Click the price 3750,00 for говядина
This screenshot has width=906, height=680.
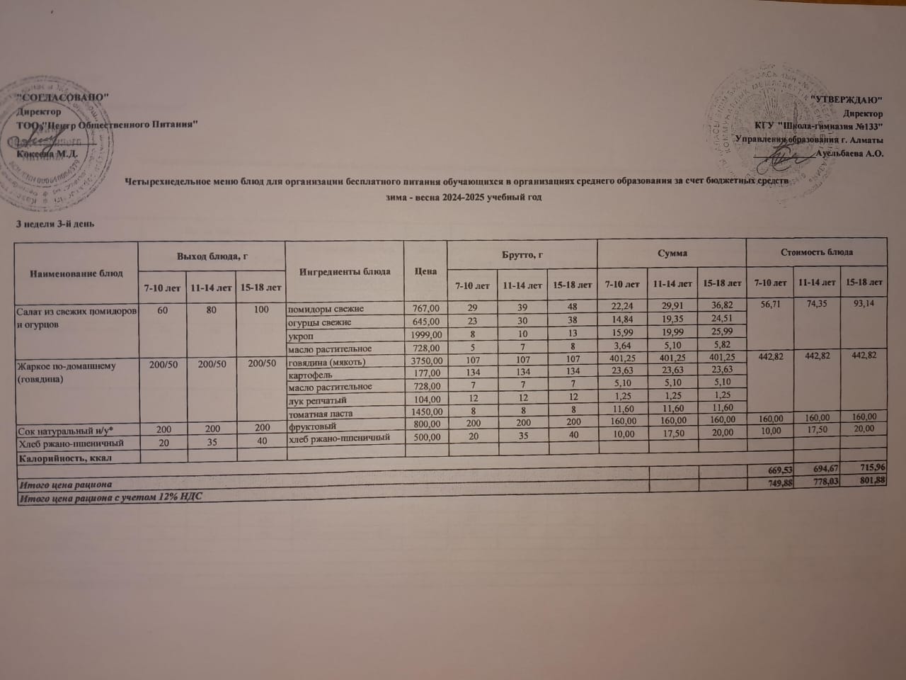point(425,362)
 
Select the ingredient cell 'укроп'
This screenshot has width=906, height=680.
point(298,335)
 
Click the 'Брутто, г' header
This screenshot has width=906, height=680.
point(521,253)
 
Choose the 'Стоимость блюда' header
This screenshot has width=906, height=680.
point(816,251)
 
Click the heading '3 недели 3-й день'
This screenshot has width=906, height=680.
point(55,224)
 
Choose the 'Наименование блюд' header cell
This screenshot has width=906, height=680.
point(76,273)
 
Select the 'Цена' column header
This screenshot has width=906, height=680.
point(425,271)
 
